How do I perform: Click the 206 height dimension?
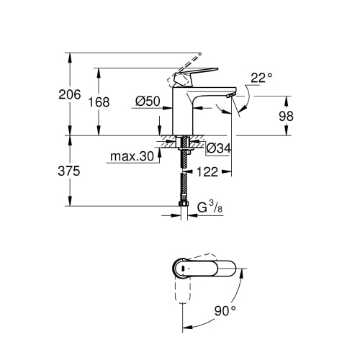70,94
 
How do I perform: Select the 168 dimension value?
99,102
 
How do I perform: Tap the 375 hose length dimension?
68,171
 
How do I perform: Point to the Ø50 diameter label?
148,102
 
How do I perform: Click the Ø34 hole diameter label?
218,148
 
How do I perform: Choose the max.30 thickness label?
132,156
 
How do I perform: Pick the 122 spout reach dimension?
207,172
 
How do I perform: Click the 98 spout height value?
286,116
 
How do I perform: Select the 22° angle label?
261,78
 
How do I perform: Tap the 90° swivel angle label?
225,311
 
